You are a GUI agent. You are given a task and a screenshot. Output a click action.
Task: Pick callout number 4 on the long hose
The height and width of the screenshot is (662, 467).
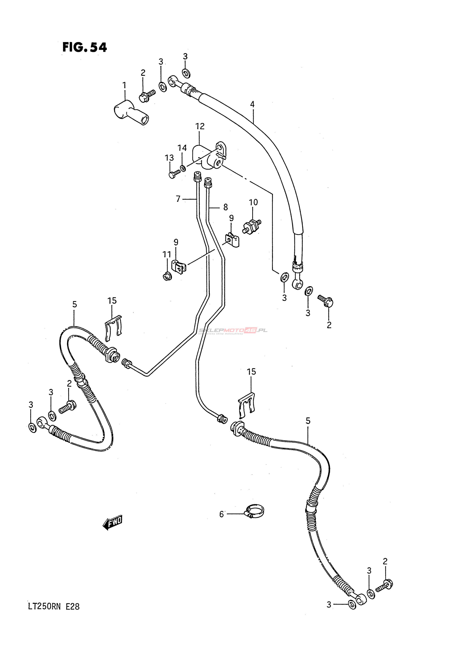(252, 104)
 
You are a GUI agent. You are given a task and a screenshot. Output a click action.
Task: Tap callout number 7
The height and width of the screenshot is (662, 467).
(178, 199)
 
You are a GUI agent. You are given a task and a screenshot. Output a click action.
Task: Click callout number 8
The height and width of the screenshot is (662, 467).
(226, 207)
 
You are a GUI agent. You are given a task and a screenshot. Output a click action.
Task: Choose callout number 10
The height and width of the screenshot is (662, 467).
(253, 202)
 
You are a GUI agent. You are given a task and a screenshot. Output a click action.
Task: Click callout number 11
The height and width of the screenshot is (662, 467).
(167, 254)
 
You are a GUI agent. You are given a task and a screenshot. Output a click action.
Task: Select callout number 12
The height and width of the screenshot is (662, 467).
(200, 126)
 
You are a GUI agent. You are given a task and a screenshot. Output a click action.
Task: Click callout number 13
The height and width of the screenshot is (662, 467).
(169, 158)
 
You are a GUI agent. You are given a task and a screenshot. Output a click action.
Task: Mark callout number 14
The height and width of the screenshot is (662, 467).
(182, 148)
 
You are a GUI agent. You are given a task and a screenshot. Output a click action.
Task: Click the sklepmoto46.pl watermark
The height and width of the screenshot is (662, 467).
(233, 331)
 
